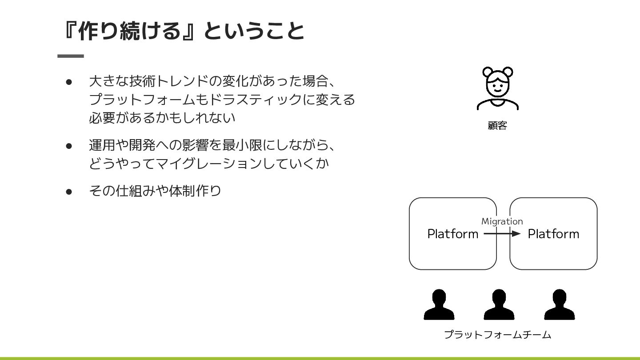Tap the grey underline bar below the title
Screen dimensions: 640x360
(71, 56)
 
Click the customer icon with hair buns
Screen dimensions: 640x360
(497, 88)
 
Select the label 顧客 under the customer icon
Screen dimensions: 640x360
(497, 126)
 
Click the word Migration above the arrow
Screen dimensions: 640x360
(502, 221)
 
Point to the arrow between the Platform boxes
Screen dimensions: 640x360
(502, 233)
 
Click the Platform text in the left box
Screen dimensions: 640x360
(452, 234)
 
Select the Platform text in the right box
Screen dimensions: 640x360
(553, 234)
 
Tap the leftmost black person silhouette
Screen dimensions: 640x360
(439, 304)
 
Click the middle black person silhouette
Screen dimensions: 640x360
(499, 304)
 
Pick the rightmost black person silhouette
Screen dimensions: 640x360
(559, 304)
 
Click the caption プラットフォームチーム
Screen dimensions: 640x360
(497, 335)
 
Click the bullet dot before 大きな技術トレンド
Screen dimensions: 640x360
(69, 82)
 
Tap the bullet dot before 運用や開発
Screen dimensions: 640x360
(69, 145)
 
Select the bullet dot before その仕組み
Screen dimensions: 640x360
(69, 192)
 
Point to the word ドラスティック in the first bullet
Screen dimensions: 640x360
(256, 99)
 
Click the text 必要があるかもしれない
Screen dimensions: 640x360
(162, 118)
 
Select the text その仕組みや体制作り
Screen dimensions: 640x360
(155, 191)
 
